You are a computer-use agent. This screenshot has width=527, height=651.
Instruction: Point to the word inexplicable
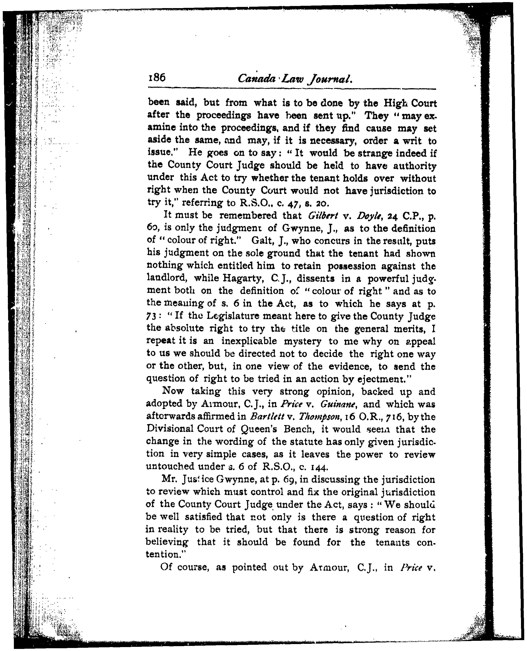(x=249, y=341)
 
